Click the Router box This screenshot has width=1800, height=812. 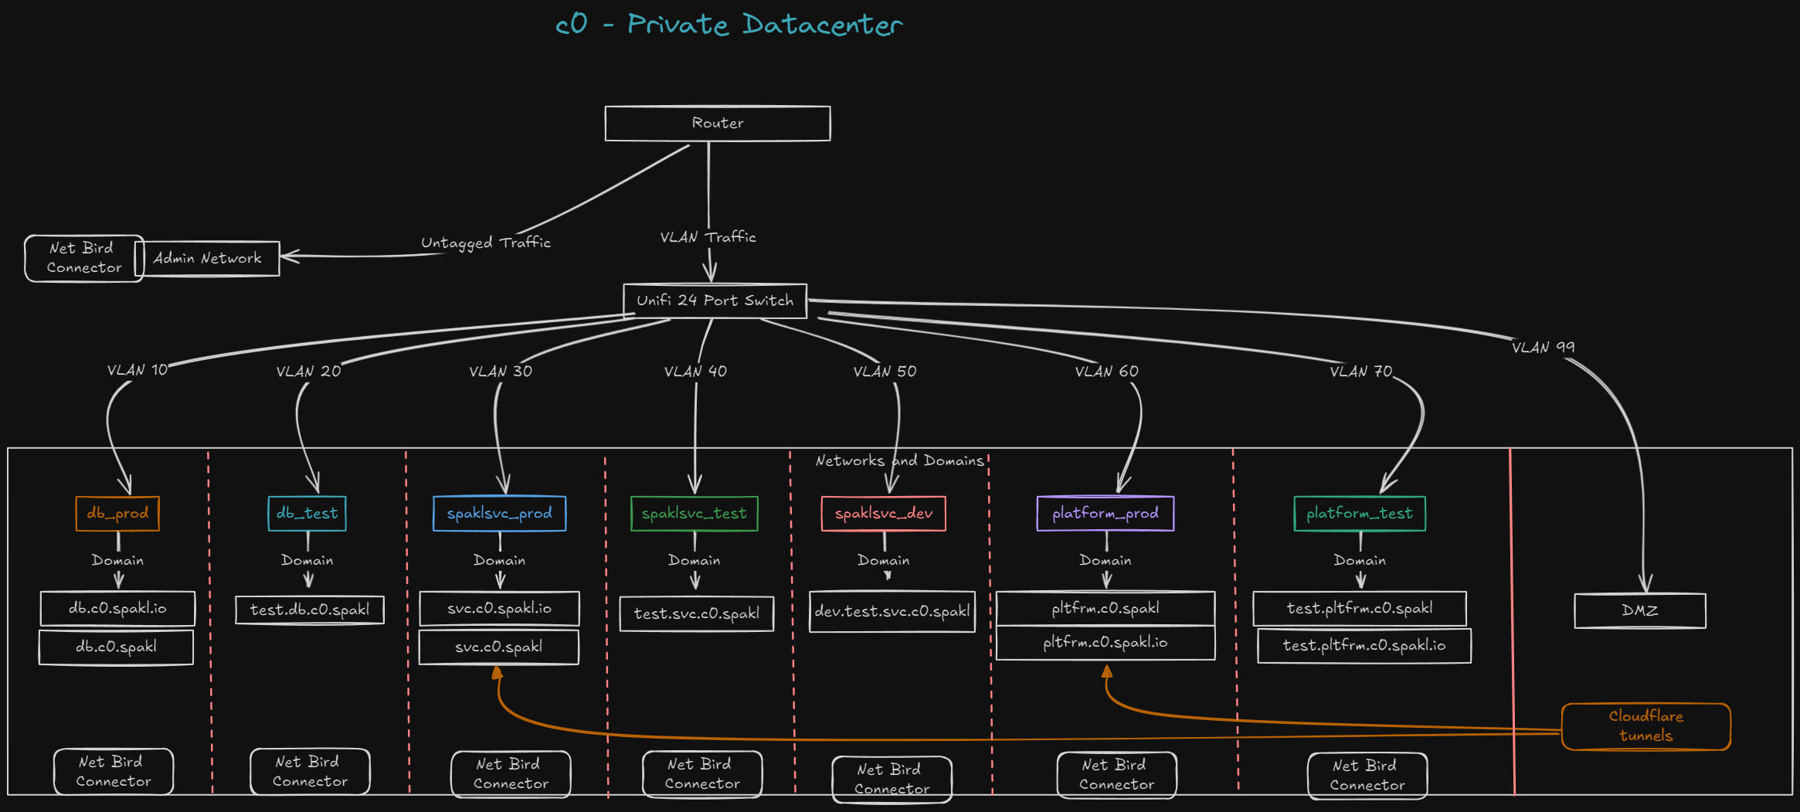[717, 124]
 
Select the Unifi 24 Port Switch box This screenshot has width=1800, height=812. [715, 301]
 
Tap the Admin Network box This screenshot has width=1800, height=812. [207, 258]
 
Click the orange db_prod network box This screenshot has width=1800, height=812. [117, 514]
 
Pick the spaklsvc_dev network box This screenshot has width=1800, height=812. [884, 514]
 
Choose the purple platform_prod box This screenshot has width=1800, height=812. [1105, 514]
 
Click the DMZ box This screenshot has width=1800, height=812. [1639, 610]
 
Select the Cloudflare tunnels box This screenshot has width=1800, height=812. [1645, 726]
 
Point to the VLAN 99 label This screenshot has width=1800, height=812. [1543, 348]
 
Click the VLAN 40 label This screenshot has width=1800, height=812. [695, 372]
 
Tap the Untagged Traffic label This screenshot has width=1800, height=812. [486, 243]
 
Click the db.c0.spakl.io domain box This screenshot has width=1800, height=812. [117, 609]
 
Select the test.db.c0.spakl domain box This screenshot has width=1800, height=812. [309, 610]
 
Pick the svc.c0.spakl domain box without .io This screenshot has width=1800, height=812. [498, 647]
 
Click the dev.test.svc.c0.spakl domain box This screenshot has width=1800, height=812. [892, 611]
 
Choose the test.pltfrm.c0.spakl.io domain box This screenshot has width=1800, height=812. [1364, 646]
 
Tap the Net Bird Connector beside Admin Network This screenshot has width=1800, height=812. [83, 258]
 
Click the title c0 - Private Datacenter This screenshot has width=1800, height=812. [728, 25]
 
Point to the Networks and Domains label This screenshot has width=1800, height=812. [900, 461]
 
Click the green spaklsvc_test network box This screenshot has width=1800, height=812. [694, 514]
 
